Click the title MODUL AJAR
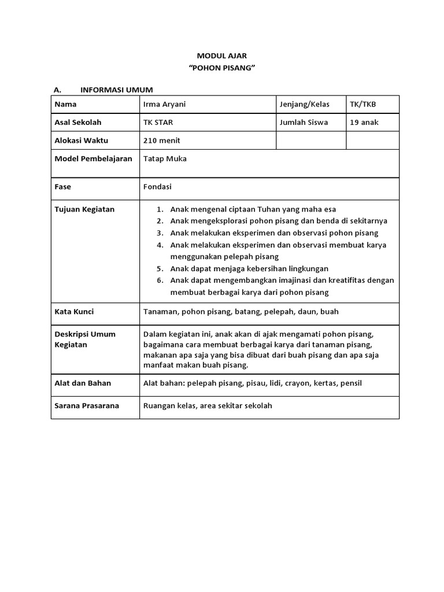[x=221, y=55]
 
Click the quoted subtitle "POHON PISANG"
[x=222, y=68]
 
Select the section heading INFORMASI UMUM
[x=116, y=90]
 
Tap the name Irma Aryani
[x=165, y=105]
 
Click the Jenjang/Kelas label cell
[x=304, y=105]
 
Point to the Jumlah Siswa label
[x=304, y=123]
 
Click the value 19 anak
[x=364, y=123]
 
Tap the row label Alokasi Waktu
[x=81, y=140]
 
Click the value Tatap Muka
[x=165, y=158]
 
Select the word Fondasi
[x=157, y=187]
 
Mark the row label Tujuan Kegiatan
[x=84, y=209]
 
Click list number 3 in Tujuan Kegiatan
[x=160, y=233]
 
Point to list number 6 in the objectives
[x=160, y=280]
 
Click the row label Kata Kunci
[x=74, y=312]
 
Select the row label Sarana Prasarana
[x=87, y=405]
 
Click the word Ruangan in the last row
[x=159, y=405]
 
